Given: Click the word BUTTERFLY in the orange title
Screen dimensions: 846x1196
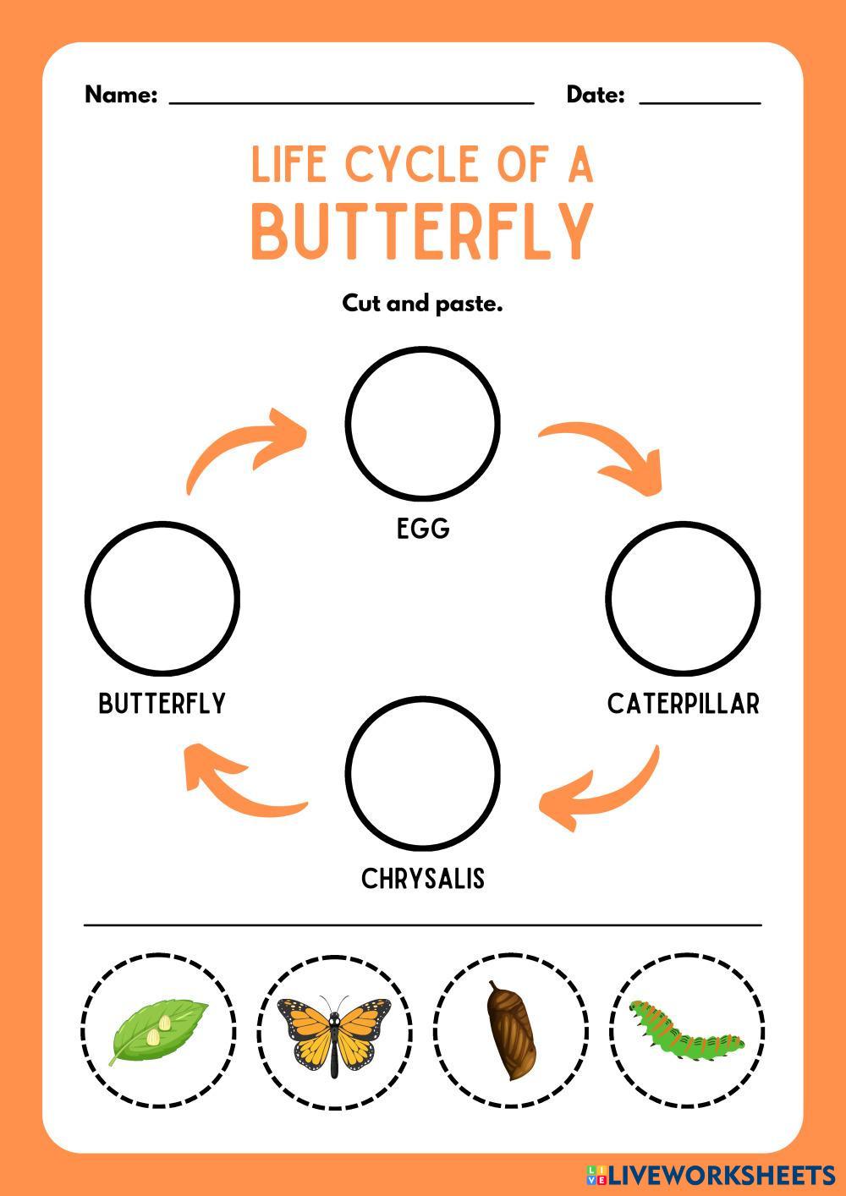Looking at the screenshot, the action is (x=422, y=230).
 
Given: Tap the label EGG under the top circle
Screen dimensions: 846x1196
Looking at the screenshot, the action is (x=423, y=529).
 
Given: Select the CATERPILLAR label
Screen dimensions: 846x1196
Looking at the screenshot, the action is (x=684, y=704).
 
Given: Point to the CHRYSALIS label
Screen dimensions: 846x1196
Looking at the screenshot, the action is (x=423, y=879).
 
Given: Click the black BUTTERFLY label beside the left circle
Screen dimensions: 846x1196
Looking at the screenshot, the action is (x=162, y=704).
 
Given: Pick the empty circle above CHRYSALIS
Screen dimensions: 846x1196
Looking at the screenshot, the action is (x=423, y=773).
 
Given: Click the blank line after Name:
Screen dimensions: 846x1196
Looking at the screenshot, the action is (x=351, y=100).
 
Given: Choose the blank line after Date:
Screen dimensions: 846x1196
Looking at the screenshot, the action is (x=700, y=100).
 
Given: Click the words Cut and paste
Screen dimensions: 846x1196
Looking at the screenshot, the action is (x=422, y=303).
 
